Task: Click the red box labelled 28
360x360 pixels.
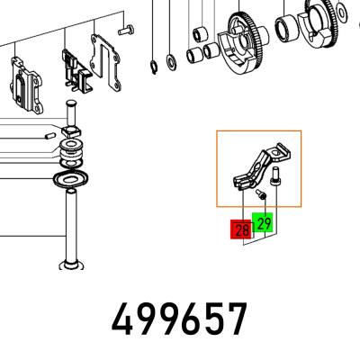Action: point(240,229)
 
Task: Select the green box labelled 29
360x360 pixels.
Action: point(262,222)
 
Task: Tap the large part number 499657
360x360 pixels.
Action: point(179,319)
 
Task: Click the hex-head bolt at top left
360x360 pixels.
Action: point(126,30)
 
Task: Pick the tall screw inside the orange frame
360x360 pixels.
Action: point(274,177)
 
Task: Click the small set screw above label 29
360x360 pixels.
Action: point(261,193)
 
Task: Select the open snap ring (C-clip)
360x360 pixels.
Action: point(154,67)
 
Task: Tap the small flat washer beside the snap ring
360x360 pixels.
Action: point(172,62)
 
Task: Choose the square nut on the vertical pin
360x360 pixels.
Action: point(71,131)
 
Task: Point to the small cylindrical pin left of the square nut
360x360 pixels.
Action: point(49,137)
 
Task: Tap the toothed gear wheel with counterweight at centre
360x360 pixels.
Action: point(242,43)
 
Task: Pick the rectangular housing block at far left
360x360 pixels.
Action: point(26,85)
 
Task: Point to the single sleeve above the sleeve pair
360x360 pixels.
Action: point(200,34)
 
